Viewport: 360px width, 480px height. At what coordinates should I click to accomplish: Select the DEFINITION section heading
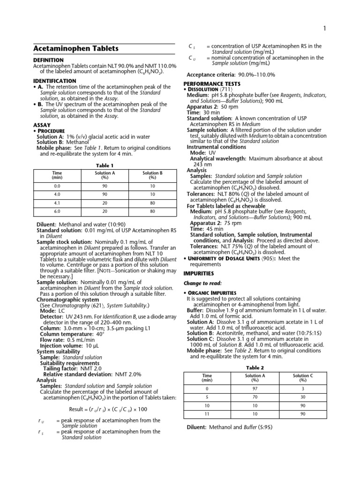[x=48, y=60]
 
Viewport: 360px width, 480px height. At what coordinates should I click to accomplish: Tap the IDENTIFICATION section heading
[x=54, y=81]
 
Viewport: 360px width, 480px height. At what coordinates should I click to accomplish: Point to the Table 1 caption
[x=105, y=165]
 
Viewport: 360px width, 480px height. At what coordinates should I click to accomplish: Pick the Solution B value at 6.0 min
[x=152, y=211]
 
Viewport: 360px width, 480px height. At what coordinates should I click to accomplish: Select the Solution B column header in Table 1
[x=152, y=175]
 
